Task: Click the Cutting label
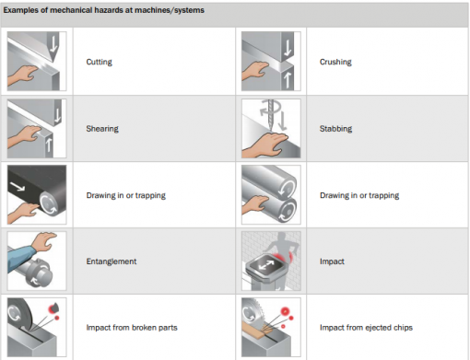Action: [x=99, y=62]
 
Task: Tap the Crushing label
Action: [x=335, y=62]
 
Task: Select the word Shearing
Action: [x=102, y=129]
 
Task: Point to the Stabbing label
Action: [x=335, y=129]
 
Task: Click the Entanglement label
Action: [x=112, y=261]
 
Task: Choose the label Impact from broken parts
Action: [x=132, y=328]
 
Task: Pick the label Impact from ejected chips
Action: [x=366, y=328]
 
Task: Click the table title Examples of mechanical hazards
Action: [x=103, y=10]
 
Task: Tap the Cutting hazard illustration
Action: [x=37, y=61]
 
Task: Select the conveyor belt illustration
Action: [x=37, y=194]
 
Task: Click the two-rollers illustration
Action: [x=271, y=194]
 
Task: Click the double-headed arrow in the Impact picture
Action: [x=266, y=265]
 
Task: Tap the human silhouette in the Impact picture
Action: [x=281, y=251]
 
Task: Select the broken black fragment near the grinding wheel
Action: [x=54, y=307]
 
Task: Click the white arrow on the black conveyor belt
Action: [x=18, y=186]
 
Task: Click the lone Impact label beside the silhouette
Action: [x=332, y=261]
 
